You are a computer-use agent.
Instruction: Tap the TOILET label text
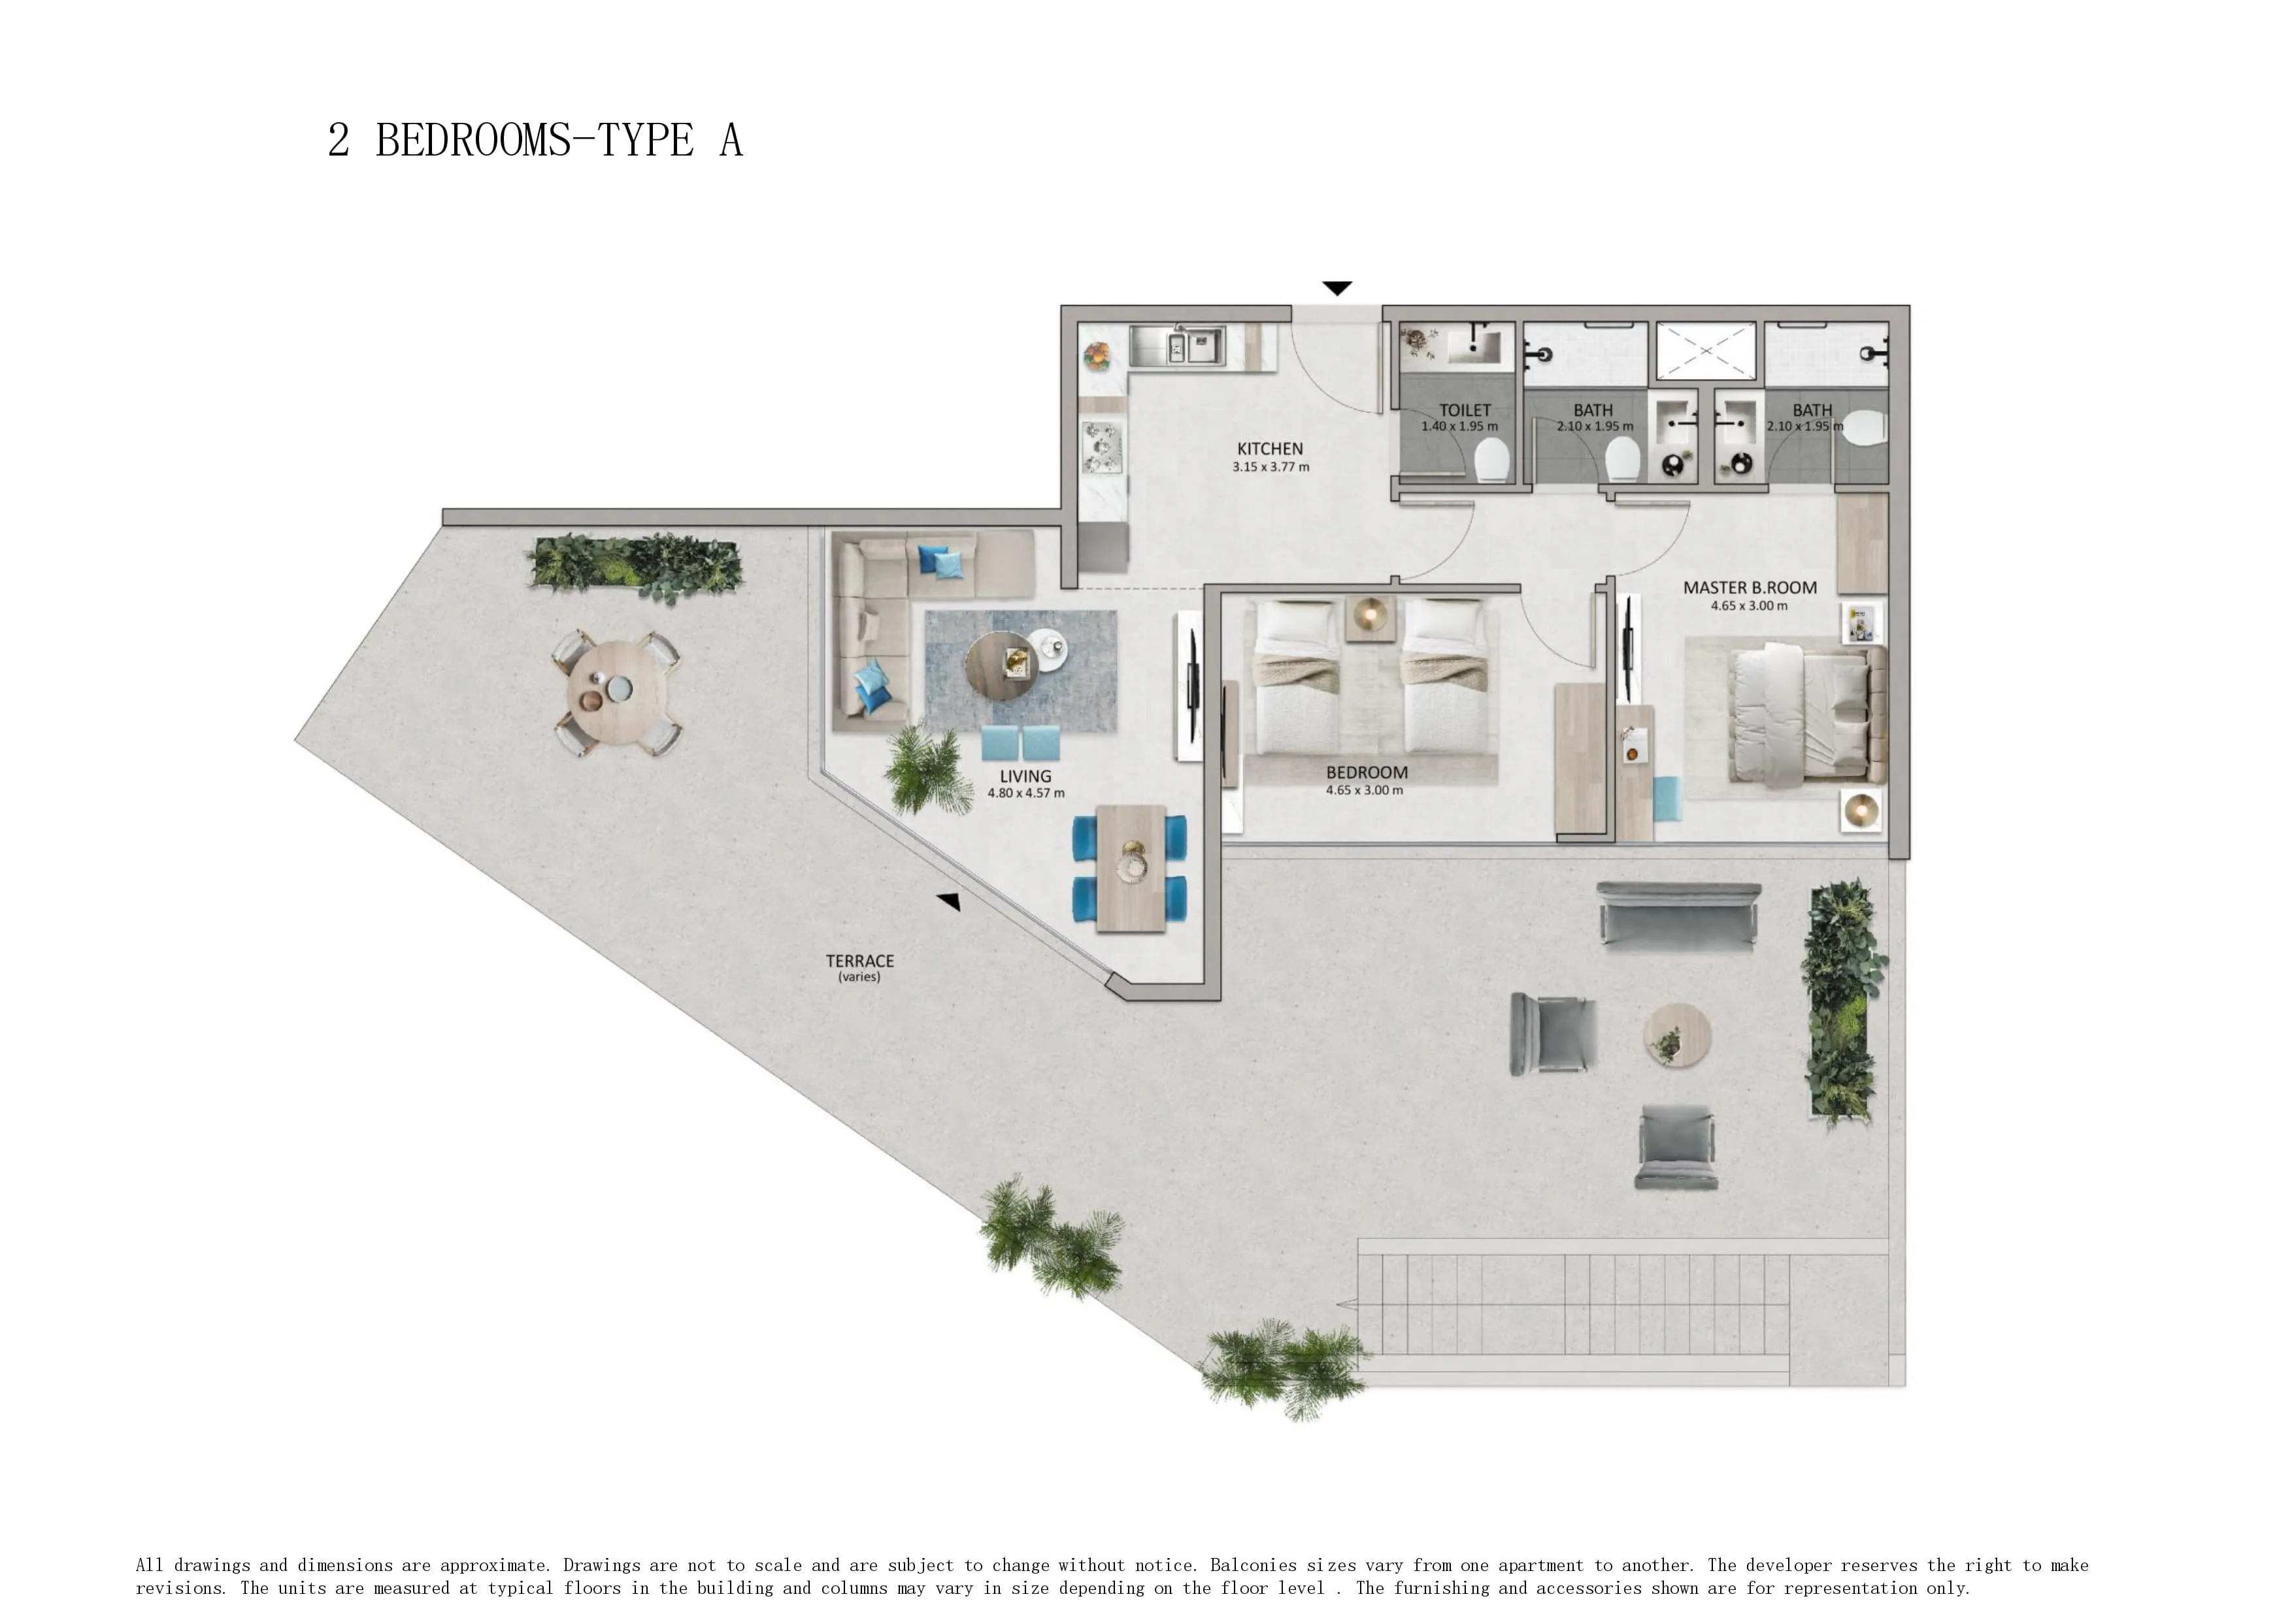(x=1464, y=410)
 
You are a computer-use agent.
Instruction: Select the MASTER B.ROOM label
(x=1750, y=588)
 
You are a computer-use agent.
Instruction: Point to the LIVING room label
(x=1025, y=776)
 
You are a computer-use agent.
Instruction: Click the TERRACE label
(x=860, y=961)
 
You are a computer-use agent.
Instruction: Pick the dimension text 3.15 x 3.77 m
(x=1271, y=467)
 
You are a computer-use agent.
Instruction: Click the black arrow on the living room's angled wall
(x=949, y=902)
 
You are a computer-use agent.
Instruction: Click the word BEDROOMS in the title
(x=473, y=141)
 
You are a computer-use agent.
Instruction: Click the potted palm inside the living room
(x=928, y=769)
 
